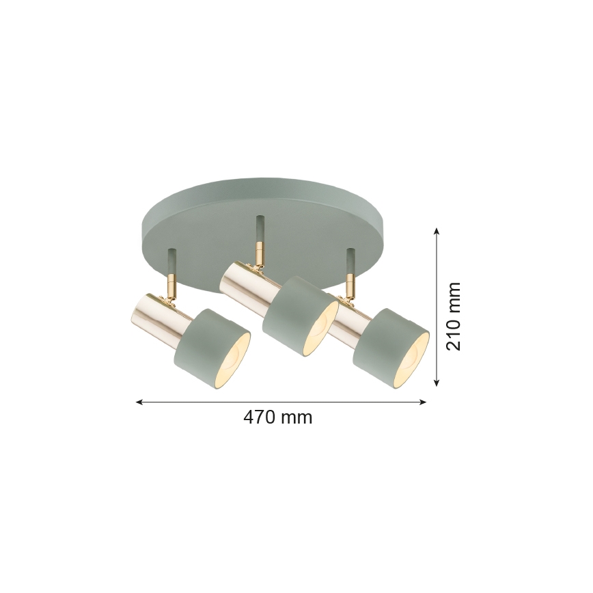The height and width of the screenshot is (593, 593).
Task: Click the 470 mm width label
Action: (x=277, y=417)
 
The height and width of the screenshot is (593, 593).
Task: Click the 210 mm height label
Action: (x=453, y=316)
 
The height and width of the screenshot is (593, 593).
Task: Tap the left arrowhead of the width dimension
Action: (x=139, y=402)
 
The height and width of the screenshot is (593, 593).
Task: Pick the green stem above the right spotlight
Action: (x=351, y=260)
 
